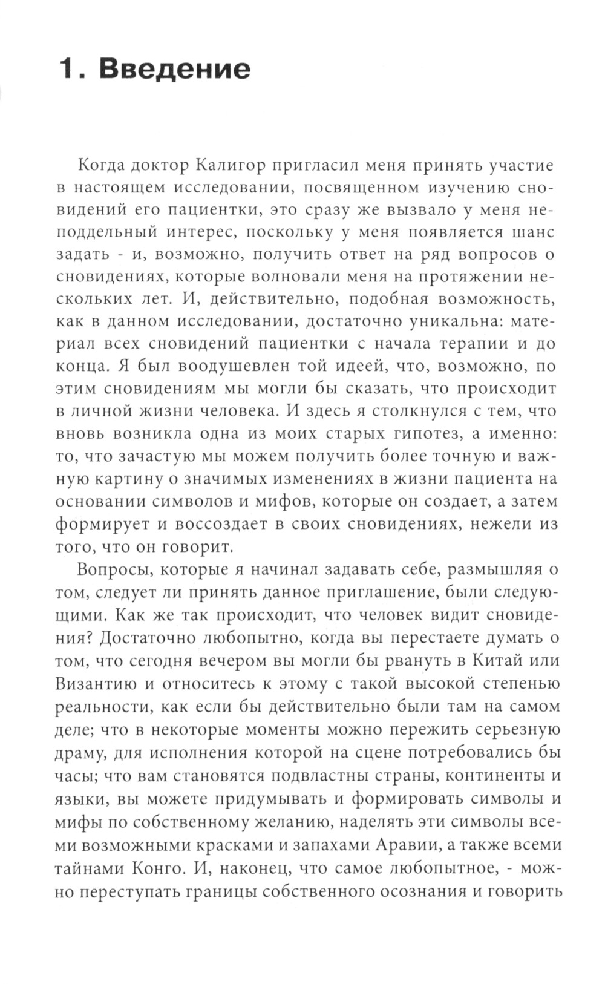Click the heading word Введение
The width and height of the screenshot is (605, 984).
coord(174,69)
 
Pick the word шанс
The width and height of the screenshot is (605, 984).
coord(529,232)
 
